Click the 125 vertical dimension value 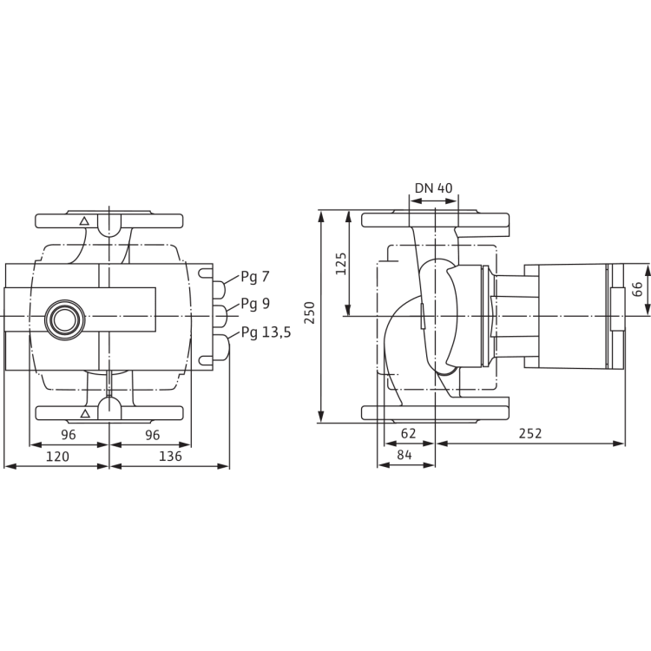click(x=340, y=263)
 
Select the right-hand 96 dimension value click(x=152, y=434)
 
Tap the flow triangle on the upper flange click(x=84, y=221)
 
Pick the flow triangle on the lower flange click(x=84, y=411)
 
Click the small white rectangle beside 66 click(x=616, y=309)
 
